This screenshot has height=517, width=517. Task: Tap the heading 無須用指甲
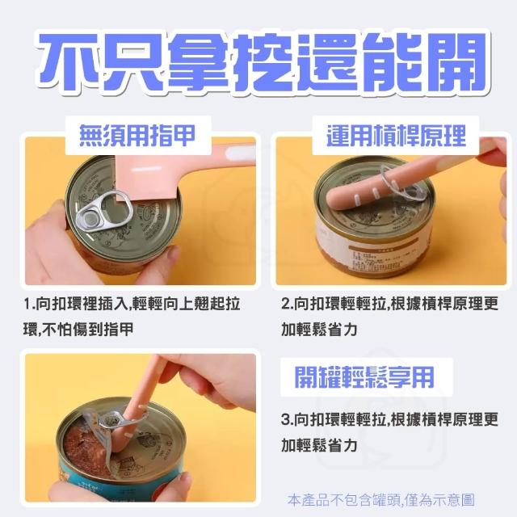pos(138,136)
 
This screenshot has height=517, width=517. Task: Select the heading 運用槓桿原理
pos(396,136)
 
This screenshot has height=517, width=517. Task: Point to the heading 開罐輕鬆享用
pos(364,377)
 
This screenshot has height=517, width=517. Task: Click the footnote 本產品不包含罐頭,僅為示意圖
pos(380,499)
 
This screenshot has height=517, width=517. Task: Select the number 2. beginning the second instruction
pos(287,304)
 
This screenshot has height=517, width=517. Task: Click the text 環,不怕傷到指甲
pos(78,329)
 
